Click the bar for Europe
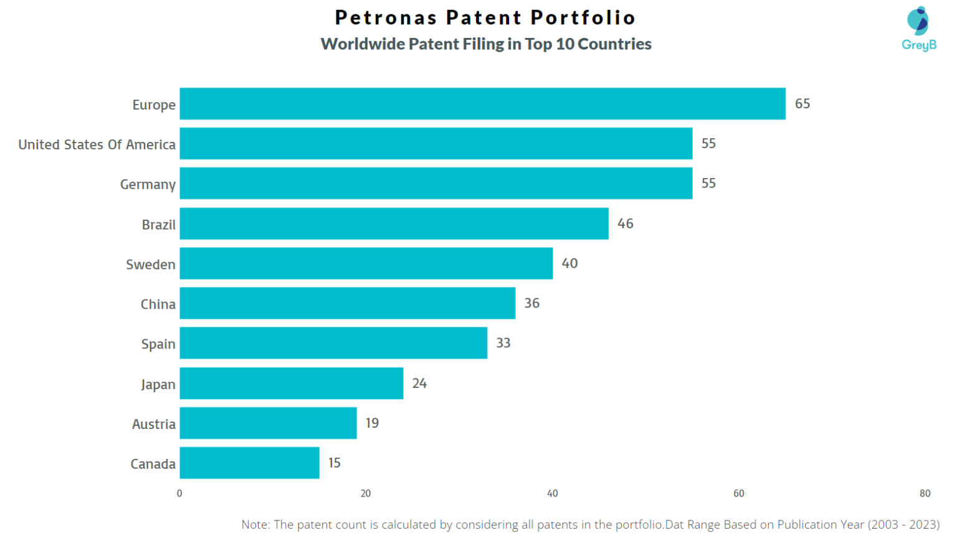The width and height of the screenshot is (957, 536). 482,103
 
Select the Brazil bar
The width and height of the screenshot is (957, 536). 394,223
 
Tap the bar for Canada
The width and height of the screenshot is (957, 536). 249,463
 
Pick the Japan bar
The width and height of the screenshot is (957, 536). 292,383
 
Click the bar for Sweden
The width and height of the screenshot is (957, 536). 366,263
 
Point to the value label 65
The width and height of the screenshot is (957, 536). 802,103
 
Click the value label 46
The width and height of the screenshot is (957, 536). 625,223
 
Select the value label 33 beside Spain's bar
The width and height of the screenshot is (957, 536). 503,343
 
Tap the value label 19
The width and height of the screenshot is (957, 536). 372,423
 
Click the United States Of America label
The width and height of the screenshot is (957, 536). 97,144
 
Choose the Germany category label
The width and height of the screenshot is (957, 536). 148,184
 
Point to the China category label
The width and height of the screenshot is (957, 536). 158,304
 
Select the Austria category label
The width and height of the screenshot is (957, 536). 153,424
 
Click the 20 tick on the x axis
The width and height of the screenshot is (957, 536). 366,493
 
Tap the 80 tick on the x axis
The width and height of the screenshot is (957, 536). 925,493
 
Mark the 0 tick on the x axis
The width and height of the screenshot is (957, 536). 179,493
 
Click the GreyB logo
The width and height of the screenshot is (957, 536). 919,29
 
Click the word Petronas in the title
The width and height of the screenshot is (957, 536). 386,17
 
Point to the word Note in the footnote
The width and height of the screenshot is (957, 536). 255,524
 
